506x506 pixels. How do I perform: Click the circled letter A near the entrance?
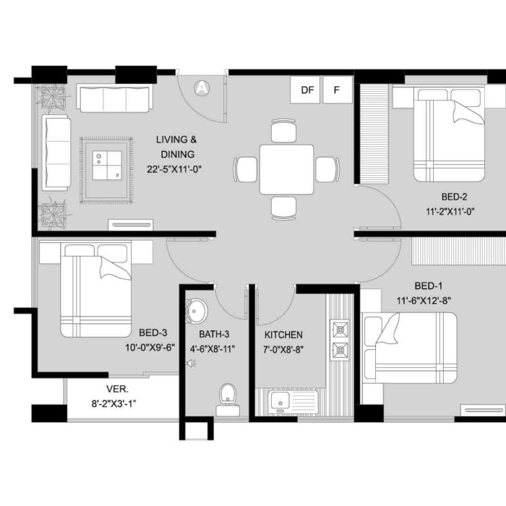[x=202, y=87]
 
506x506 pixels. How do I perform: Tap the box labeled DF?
[x=305, y=90]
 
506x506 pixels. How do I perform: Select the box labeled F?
[x=338, y=90]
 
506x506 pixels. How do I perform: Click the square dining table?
[x=286, y=170]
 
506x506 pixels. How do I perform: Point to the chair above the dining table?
[x=283, y=131]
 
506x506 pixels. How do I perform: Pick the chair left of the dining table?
[x=245, y=169]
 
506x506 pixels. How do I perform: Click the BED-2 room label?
[x=454, y=197]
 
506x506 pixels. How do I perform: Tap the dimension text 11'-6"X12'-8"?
[x=424, y=301]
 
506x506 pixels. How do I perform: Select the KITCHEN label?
[x=283, y=335]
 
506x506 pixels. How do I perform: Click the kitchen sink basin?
[x=280, y=402]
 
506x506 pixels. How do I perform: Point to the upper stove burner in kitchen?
[x=340, y=330]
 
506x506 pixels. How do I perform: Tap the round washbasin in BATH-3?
[x=196, y=311]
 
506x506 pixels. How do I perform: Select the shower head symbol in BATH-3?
[x=192, y=364]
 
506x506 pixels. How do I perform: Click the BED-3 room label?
[x=153, y=333]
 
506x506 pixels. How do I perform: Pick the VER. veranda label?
[x=117, y=389]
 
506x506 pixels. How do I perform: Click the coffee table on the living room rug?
[x=107, y=166]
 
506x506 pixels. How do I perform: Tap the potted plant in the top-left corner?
[x=51, y=96]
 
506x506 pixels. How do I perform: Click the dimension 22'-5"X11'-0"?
[x=174, y=169]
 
